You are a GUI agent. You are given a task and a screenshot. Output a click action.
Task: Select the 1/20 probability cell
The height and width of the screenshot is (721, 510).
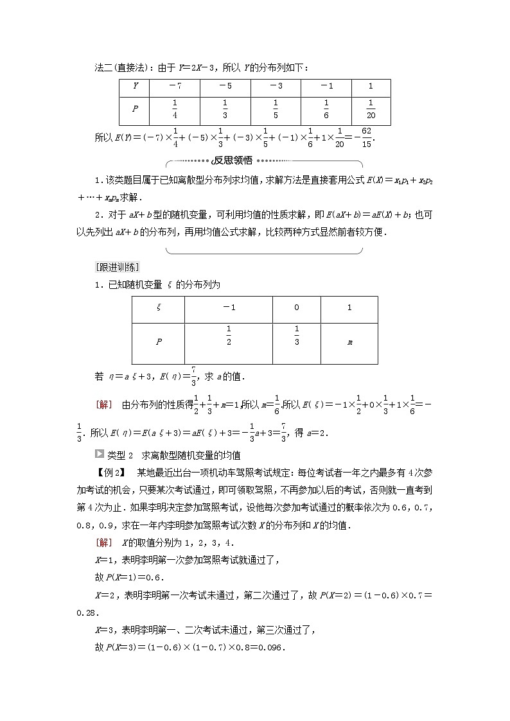click(x=371, y=110)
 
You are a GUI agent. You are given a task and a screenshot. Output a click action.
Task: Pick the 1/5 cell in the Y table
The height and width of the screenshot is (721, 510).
click(x=276, y=110)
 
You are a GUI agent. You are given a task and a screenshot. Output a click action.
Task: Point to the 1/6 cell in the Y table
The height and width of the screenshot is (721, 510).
click(x=326, y=110)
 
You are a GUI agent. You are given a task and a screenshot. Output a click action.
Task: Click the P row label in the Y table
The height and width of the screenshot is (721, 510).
click(x=135, y=110)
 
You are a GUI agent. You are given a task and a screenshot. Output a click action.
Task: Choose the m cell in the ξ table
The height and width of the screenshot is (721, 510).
click(x=349, y=342)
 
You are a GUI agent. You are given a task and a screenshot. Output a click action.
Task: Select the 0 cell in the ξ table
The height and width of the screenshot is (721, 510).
click(x=296, y=308)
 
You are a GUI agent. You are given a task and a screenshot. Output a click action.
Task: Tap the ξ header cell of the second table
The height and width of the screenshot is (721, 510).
click(x=159, y=308)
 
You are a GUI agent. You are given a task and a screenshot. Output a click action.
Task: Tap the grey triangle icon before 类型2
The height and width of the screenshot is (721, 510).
click(x=99, y=455)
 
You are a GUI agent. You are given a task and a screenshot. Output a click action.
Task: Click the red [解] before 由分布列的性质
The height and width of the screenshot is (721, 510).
click(x=103, y=404)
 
